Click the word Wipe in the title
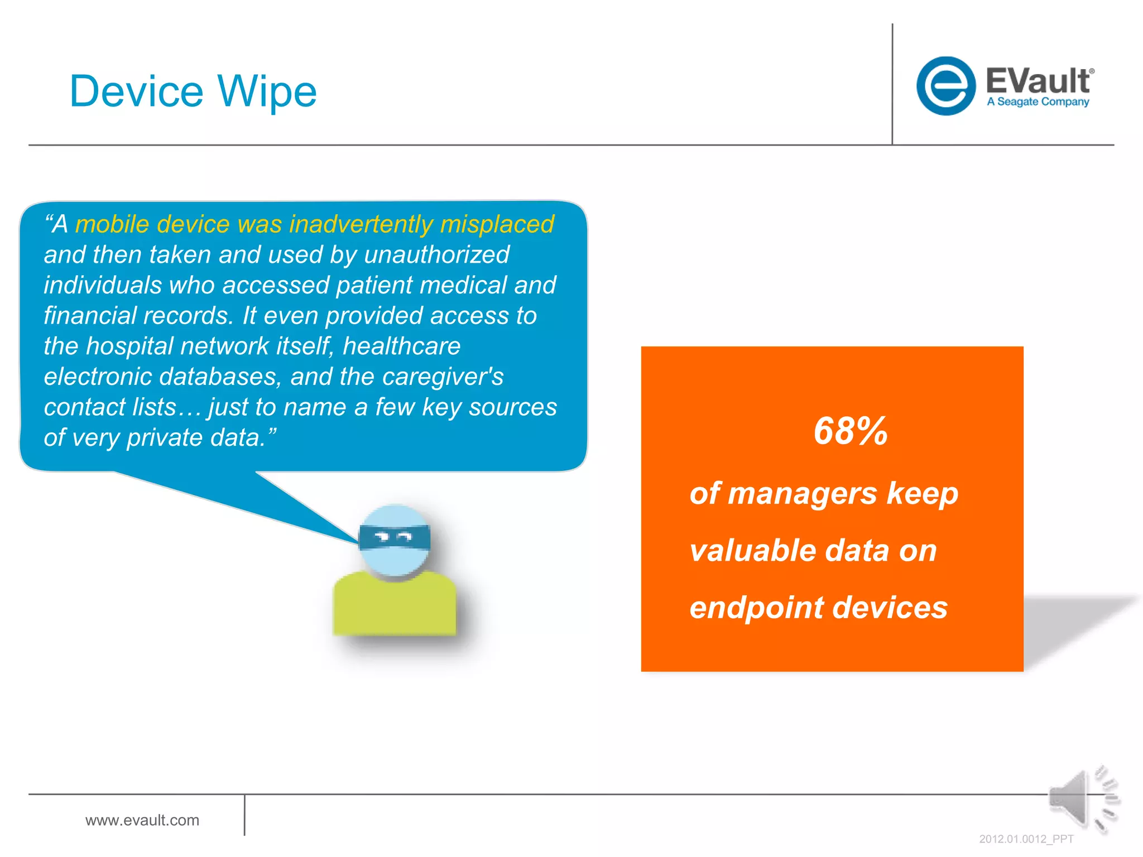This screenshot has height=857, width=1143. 267,92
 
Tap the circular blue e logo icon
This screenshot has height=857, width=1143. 945,86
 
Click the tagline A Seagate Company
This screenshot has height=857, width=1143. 1038,102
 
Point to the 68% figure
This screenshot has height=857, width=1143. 850,431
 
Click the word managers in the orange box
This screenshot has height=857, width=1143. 803,494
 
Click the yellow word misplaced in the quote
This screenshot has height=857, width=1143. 497,224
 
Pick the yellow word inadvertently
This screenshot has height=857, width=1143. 361,224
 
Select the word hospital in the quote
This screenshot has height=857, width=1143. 129,346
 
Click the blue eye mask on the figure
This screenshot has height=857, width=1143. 394,537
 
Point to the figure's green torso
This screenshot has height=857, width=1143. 394,605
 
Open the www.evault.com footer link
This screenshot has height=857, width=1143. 142,820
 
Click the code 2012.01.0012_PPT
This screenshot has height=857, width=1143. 1026,839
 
